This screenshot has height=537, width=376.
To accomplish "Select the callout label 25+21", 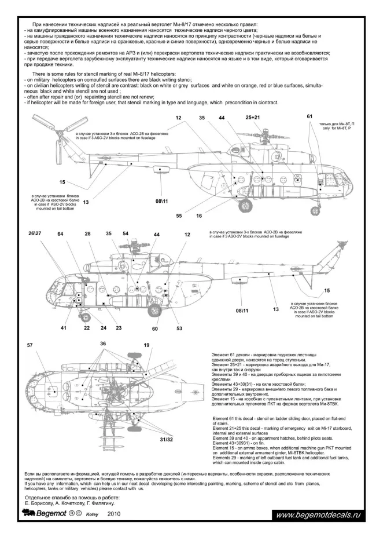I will [x=253, y=118].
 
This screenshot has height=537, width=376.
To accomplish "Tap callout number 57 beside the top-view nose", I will [x=30, y=345].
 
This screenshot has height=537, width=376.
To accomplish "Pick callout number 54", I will [x=126, y=233].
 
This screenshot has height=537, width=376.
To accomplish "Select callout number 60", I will [x=156, y=328].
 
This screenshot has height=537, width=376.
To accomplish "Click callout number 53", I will [x=179, y=328].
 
